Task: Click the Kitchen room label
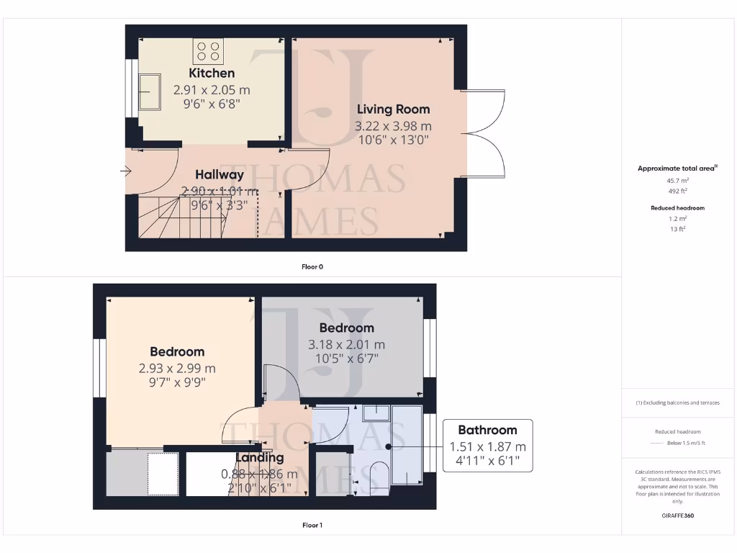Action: tap(212, 73)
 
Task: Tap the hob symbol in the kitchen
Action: tap(208, 51)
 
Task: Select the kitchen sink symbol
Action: tap(150, 92)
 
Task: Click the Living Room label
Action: tap(393, 109)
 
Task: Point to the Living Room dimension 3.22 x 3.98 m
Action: tap(393, 126)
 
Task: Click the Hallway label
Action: tap(220, 175)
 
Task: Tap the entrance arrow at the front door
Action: tap(125, 171)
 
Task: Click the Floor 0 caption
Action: tap(312, 266)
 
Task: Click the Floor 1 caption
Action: tap(312, 525)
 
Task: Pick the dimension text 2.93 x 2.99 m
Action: tap(177, 368)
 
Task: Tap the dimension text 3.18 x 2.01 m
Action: tap(346, 344)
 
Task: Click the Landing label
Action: tap(260, 458)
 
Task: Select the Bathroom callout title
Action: tap(487, 430)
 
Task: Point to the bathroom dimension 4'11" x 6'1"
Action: tap(487, 460)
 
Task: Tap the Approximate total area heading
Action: tap(677, 168)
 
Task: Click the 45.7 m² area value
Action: tap(677, 181)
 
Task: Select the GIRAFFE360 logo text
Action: tap(677, 516)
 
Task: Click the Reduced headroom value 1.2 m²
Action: tap(677, 218)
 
